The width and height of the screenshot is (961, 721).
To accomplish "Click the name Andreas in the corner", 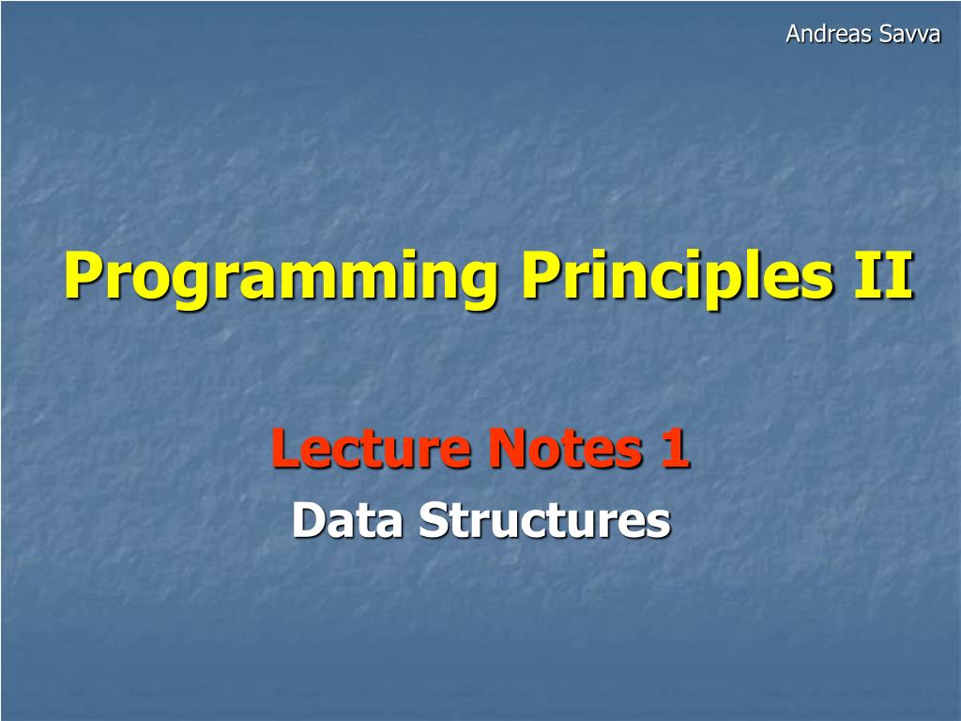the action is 829,34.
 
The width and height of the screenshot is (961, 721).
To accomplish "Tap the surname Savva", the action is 909,34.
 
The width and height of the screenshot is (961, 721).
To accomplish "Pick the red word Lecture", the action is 372,448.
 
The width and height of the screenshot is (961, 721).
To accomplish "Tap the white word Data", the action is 347,520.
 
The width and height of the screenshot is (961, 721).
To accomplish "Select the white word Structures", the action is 545,520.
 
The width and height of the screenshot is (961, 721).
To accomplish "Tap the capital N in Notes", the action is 508,448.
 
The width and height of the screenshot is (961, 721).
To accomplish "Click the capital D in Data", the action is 309,520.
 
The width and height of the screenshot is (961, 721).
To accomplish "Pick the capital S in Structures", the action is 434,520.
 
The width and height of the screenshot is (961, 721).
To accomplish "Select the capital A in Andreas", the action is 794,34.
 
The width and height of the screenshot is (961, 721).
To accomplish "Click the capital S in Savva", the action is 886,34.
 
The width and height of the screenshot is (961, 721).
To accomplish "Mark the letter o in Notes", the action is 543,453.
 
